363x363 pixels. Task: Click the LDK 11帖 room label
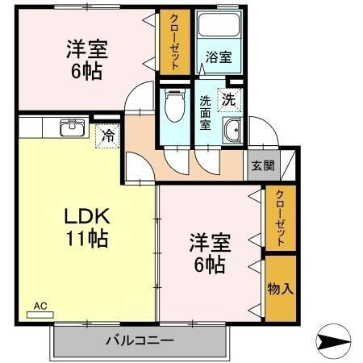[x=86, y=228]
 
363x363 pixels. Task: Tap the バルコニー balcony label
[x=139, y=340]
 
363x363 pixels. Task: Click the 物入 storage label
[x=279, y=288]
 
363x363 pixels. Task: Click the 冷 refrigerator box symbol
[x=106, y=136]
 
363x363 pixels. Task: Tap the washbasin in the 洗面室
[x=233, y=131]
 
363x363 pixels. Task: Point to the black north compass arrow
[x=334, y=342]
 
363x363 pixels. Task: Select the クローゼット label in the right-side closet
[x=279, y=218]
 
